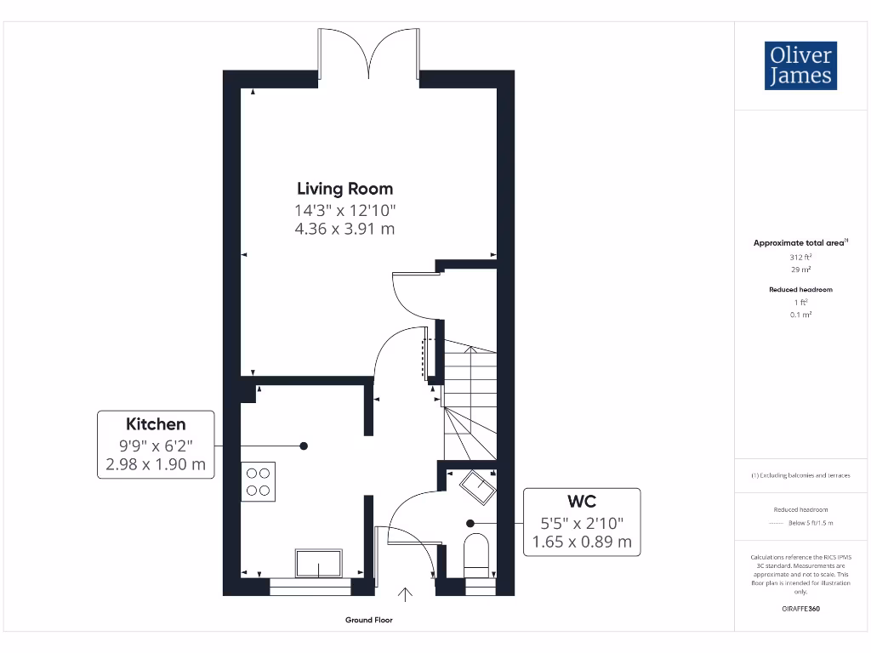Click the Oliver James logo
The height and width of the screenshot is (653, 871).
coord(800,65)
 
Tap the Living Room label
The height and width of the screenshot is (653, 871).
coord(344,189)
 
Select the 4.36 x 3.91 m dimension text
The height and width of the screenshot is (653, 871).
coord(344,229)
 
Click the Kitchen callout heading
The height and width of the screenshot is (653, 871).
coord(156,423)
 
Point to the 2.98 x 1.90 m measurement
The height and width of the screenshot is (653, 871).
coord(156,464)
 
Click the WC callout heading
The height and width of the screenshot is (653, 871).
coord(582,501)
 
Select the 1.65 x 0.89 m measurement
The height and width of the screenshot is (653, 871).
coord(582,541)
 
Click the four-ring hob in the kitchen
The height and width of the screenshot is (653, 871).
coord(258,481)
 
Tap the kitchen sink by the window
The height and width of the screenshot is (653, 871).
coord(318,563)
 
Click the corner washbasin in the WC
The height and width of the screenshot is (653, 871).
coord(478,489)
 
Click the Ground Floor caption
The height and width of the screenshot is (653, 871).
coord(369,621)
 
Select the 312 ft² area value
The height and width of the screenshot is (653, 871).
coord(800,256)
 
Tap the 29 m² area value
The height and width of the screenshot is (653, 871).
coord(800,269)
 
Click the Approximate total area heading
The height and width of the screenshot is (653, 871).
coord(800,243)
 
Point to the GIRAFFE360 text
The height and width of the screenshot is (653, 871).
coord(800,609)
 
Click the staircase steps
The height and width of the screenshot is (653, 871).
coord(469,400)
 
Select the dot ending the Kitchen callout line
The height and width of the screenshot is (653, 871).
coord(304,446)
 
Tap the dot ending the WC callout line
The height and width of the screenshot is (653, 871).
coord(469,523)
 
